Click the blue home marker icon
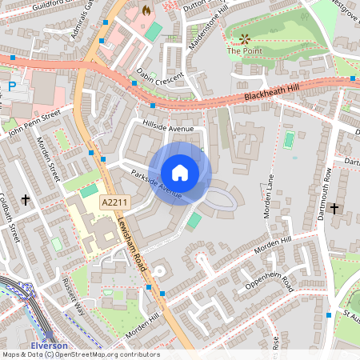pos(180,173)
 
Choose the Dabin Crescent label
pos(159,80)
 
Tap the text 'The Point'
pos(244,51)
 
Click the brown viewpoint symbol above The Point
pos(245,38)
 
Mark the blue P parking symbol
pos(11,86)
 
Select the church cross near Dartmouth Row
pos(334,209)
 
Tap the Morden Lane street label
pos(277,195)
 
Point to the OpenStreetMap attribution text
pos(80,354)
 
